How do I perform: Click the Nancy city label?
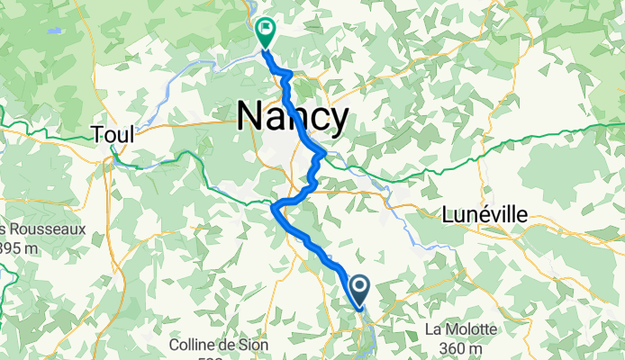(x=293, y=117)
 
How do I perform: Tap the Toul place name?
(x=113, y=135)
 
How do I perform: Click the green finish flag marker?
(x=266, y=31)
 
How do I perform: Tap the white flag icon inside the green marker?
(x=266, y=28)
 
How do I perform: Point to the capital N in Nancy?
(x=249, y=117)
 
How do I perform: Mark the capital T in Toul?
(x=97, y=135)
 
